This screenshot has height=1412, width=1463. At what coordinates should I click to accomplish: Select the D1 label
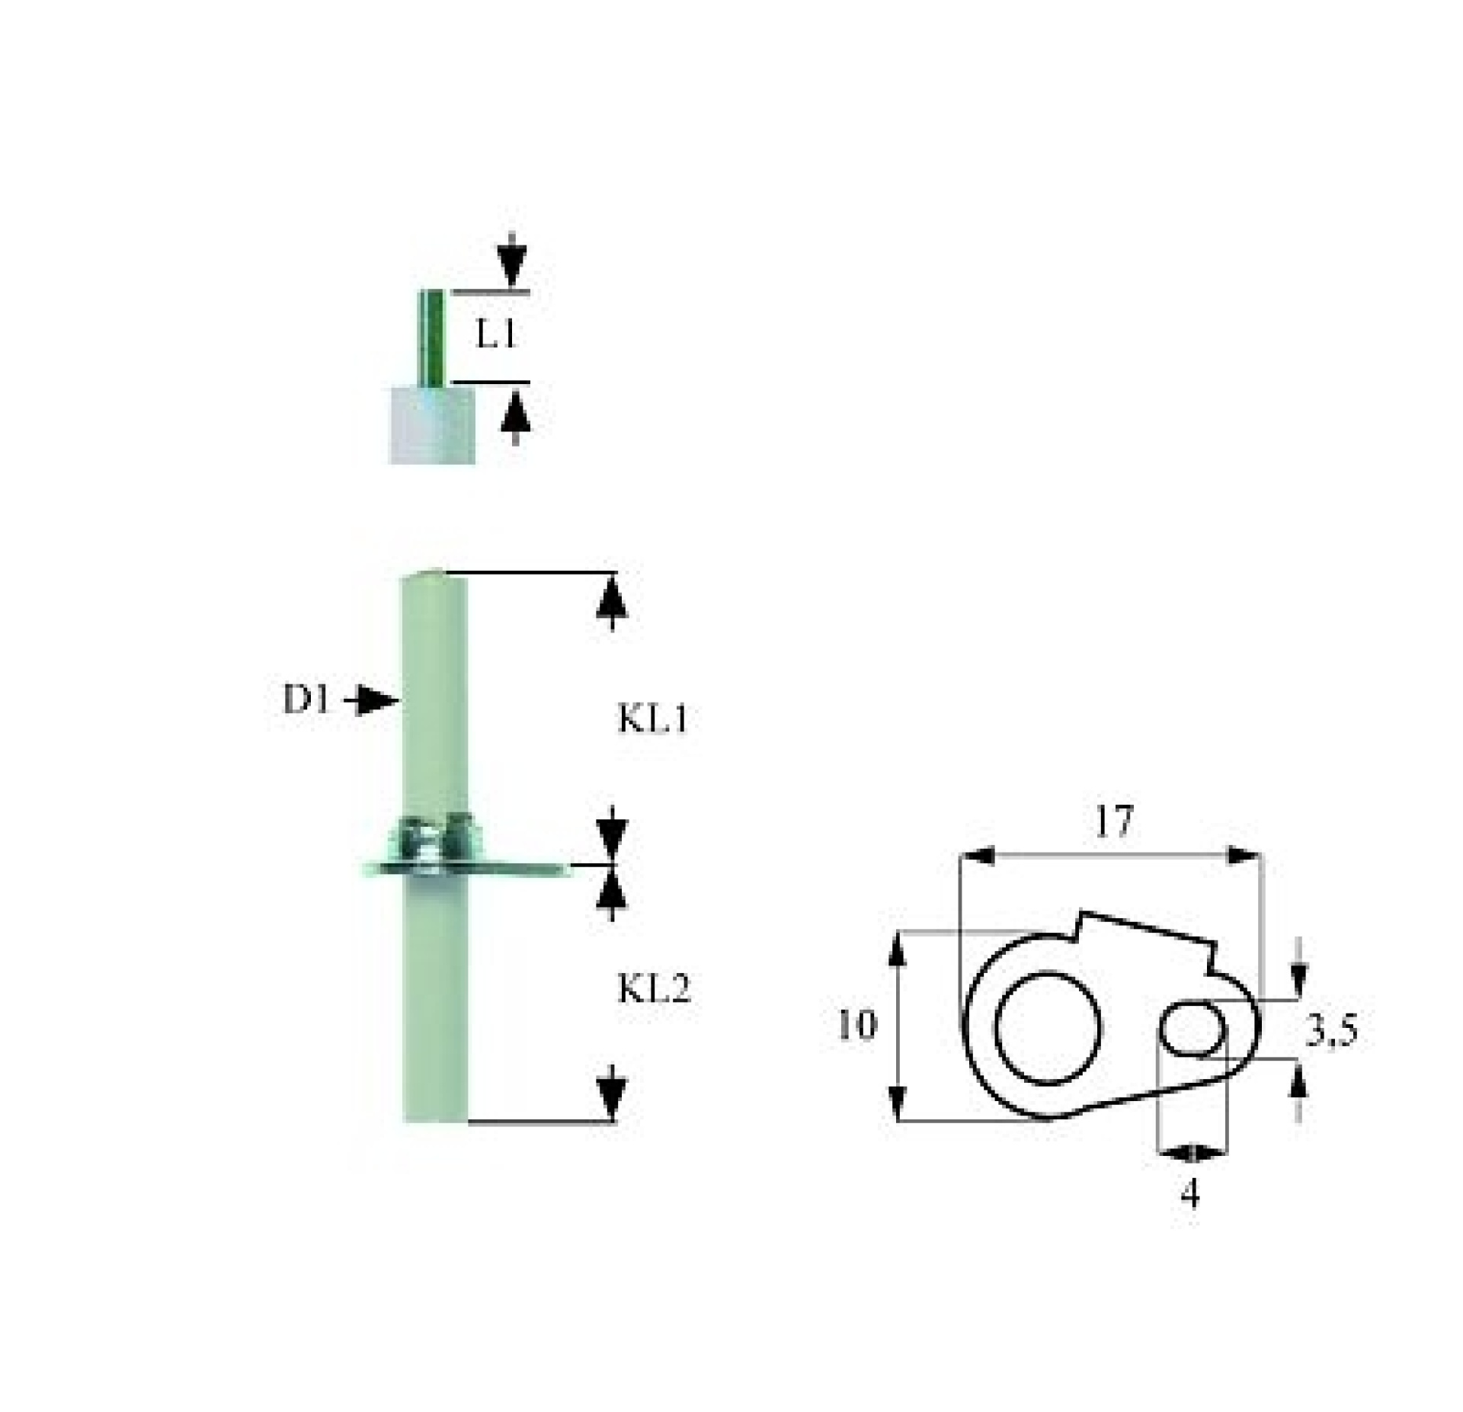coord(307,700)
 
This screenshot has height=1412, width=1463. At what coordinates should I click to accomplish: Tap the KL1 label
coord(653,719)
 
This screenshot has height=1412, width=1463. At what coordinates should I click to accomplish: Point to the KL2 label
coord(654,990)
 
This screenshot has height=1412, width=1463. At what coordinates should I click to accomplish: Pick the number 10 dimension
coord(857,1025)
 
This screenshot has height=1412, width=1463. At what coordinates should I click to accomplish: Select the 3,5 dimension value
coord(1332,1032)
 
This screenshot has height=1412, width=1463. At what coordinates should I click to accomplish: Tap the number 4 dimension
coord(1189,1193)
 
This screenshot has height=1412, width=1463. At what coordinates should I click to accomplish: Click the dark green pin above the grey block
coord(431,338)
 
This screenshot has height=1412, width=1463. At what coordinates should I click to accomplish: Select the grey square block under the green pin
coord(432,425)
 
